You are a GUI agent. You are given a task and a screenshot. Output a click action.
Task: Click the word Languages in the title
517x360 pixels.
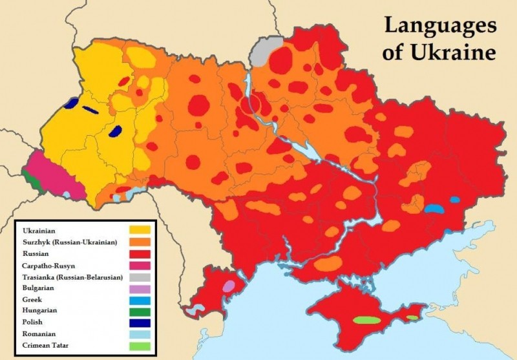tap(440, 26)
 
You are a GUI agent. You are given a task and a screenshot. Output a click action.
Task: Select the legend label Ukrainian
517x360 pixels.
tap(39, 230)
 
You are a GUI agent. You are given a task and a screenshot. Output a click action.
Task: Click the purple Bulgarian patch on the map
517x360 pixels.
tap(228, 286)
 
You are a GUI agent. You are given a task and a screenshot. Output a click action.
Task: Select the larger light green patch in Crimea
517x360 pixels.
tap(366, 320)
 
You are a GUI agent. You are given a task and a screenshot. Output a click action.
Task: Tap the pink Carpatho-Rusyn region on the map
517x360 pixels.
tap(55, 175)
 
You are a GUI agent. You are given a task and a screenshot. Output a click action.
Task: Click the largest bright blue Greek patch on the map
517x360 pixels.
tap(435, 209)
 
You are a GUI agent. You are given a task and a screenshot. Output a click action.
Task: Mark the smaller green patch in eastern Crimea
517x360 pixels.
tap(412, 317)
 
